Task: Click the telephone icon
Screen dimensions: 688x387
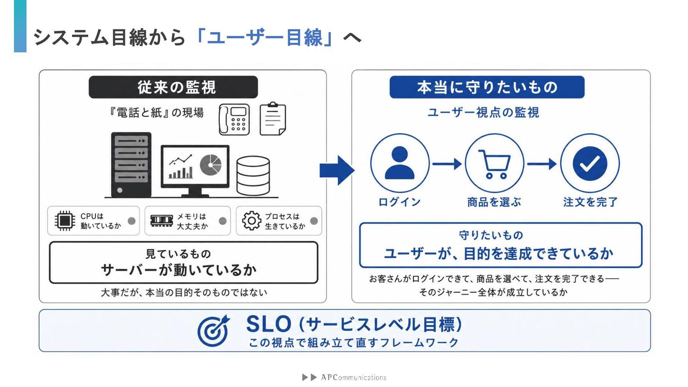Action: coord(234,120)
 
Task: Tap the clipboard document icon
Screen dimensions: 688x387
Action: coord(273,119)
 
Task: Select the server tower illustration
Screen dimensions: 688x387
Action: coord(131,165)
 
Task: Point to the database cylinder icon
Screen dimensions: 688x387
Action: coord(253,176)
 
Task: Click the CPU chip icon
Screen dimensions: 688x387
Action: coord(64,220)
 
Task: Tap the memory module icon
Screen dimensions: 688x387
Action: coord(162,220)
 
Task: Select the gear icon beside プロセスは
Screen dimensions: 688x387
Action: coord(252,221)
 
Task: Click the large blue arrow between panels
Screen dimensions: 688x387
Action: coord(337,170)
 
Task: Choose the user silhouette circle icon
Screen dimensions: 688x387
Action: coord(400,163)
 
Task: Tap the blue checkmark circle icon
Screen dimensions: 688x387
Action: coord(590,163)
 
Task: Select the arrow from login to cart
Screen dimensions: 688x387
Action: coord(447,164)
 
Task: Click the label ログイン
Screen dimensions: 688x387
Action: coord(400,202)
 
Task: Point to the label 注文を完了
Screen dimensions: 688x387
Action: coord(591,202)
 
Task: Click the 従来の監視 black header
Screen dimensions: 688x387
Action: coord(173,87)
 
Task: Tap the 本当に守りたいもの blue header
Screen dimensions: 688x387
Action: coord(487,87)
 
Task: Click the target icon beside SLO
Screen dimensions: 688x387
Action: coord(214,330)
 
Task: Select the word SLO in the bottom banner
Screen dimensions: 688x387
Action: coord(269,324)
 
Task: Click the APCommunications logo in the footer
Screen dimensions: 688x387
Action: coord(344,377)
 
